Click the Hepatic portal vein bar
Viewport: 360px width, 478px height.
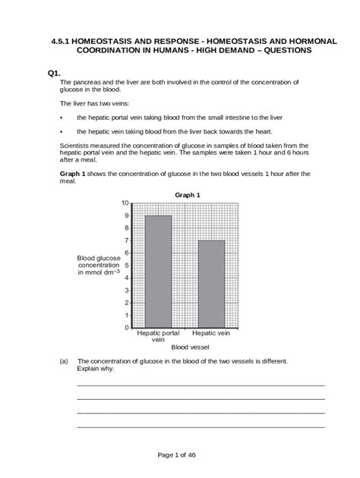158,271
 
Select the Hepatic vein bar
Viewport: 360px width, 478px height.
211,283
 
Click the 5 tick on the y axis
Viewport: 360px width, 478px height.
126,266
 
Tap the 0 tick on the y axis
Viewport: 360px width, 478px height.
126,328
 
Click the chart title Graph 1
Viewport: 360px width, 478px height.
187,195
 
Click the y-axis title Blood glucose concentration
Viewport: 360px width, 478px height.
99,266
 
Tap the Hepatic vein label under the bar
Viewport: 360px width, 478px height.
211,333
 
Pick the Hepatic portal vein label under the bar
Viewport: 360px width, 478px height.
158,337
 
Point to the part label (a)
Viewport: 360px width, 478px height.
64,362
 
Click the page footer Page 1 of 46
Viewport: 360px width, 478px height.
180,454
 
